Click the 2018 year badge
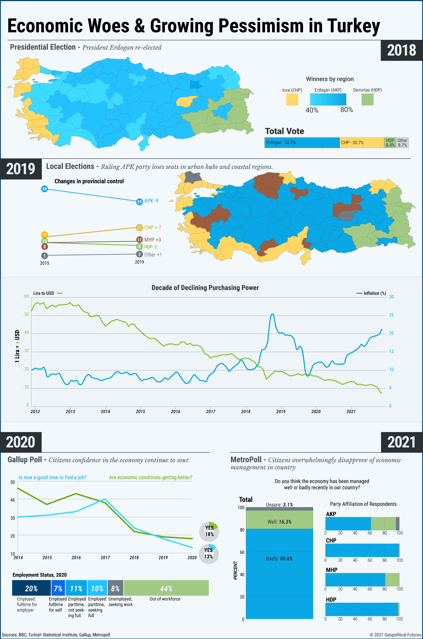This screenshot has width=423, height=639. click(x=402, y=50)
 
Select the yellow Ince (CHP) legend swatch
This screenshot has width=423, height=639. click(x=292, y=100)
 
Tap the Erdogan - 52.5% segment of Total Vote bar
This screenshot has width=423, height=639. click(x=302, y=142)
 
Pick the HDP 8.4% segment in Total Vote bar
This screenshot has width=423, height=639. click(x=390, y=142)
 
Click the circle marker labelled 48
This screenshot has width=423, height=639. click(x=45, y=189)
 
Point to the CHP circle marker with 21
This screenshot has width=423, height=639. click(x=139, y=227)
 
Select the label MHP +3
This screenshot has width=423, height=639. click(x=152, y=240)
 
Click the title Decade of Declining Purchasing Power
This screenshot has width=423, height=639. click(x=205, y=288)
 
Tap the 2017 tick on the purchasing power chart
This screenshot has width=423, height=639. click(x=211, y=412)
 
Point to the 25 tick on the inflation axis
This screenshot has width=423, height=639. click(x=391, y=315)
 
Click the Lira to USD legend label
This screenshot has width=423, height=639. click(x=44, y=293)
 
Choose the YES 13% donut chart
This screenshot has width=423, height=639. click(x=209, y=553)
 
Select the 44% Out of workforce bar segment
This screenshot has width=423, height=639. click(x=166, y=588)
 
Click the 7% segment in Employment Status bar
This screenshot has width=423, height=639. click(x=58, y=588)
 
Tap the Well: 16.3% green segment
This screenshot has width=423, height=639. click(x=280, y=522)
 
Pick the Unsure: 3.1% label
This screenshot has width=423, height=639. click(x=279, y=505)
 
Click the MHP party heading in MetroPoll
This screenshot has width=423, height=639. click(x=331, y=570)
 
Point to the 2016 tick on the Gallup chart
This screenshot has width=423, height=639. click(x=76, y=557)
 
